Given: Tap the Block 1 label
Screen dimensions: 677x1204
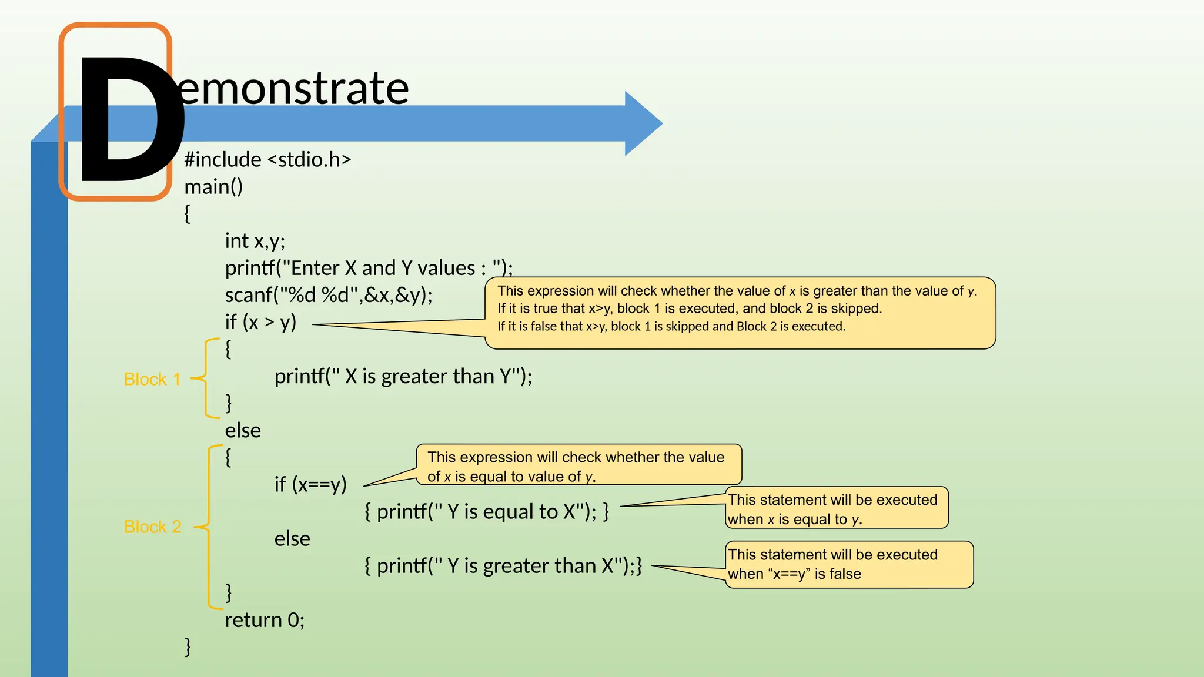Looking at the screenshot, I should pos(152,380).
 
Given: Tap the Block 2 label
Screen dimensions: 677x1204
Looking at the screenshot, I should pos(152,527).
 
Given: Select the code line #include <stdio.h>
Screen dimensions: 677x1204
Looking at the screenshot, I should pos(267,160).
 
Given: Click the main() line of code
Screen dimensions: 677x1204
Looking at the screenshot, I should pos(213,187).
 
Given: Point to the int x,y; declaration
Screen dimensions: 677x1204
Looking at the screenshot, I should pos(255,241).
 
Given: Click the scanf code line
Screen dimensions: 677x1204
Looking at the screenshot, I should pos(328,295).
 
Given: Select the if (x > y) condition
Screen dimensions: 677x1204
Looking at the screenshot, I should pos(260,322).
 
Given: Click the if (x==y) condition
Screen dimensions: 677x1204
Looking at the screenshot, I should pos(310,485).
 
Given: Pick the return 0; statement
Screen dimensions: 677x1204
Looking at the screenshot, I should pos(265,620).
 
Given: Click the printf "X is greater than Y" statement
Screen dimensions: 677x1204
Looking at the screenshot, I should pos(403,376).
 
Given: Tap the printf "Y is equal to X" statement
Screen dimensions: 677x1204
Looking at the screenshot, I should pos(486,512).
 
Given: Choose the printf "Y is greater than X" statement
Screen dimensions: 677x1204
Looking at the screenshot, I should pos(503,566).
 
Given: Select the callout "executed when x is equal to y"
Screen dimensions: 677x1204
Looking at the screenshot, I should pos(836,509).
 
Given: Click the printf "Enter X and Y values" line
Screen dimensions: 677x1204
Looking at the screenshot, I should pos(369,268).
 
